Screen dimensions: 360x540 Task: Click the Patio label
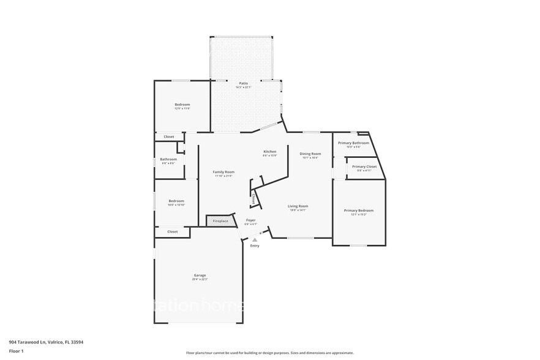(243, 83)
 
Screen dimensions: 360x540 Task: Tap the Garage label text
(200, 276)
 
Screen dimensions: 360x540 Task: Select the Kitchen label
(269, 151)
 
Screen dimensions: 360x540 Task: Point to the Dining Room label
(310, 154)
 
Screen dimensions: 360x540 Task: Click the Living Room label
(298, 206)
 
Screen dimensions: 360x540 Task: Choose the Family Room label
(224, 172)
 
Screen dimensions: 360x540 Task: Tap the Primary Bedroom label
(358, 211)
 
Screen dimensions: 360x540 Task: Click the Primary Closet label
(364, 167)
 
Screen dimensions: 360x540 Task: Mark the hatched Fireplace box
(220, 220)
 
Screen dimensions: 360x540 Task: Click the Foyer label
(251, 220)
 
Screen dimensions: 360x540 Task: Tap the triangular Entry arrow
(255, 239)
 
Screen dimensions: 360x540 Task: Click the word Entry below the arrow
(255, 246)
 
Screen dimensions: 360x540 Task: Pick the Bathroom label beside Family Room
(168, 159)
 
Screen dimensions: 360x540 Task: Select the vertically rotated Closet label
(253, 198)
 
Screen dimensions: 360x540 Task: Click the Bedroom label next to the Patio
(182, 104)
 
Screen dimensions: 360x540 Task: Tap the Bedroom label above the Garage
(176, 201)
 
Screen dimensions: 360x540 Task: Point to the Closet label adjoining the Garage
(173, 231)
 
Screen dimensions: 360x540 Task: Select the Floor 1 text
(16, 351)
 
